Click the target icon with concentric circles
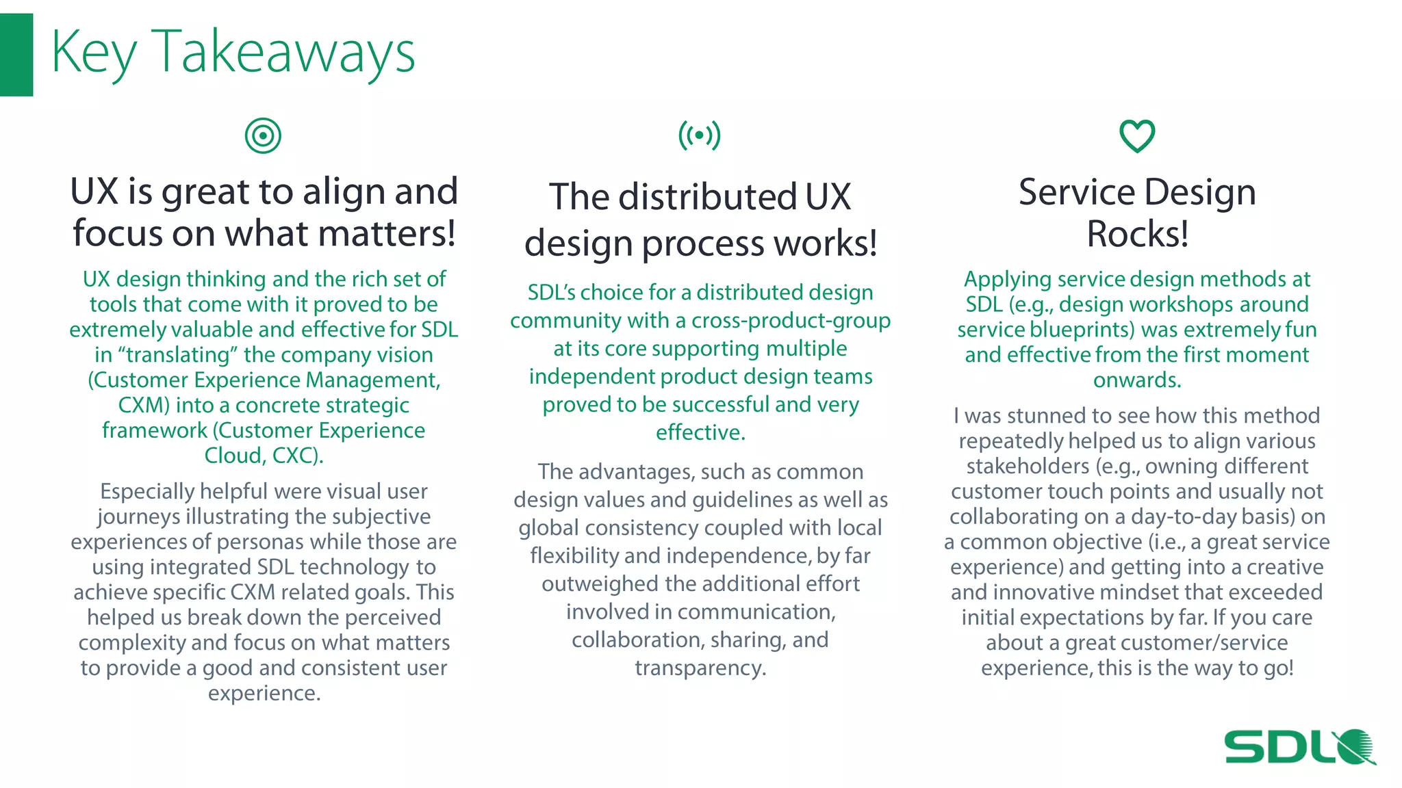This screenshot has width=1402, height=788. click(x=263, y=135)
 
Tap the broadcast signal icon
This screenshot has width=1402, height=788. click(x=699, y=135)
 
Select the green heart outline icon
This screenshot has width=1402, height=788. click(x=1137, y=135)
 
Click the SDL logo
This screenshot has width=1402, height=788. click(x=1299, y=746)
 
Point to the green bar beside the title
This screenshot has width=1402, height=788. click(x=16, y=55)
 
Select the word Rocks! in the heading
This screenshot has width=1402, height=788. click(x=1137, y=234)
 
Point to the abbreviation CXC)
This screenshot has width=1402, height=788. click(x=298, y=456)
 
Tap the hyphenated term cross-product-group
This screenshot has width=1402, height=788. click(x=791, y=321)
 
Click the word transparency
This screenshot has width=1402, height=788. click(x=700, y=668)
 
